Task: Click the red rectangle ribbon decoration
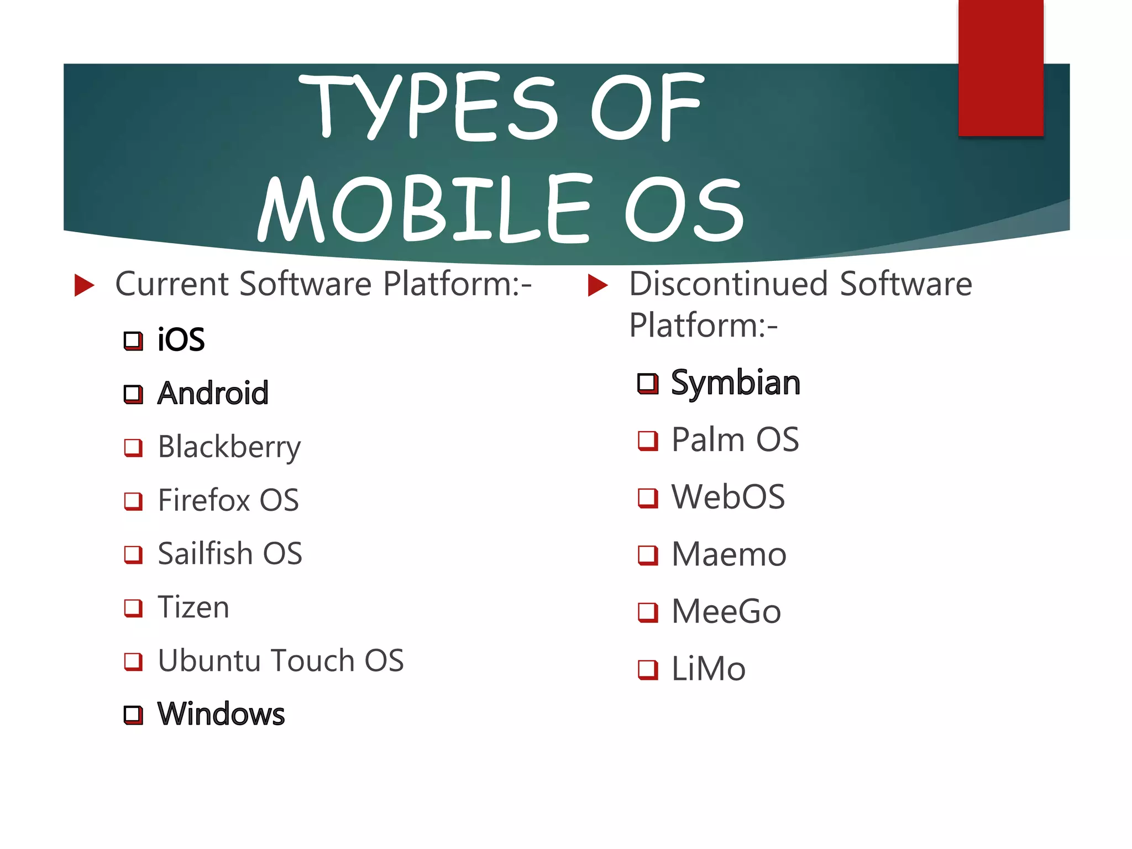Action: click(1000, 67)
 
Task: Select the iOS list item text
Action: click(181, 339)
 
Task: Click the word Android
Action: click(213, 393)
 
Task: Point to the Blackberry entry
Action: click(229, 447)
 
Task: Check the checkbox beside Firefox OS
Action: click(133, 501)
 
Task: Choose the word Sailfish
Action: click(205, 553)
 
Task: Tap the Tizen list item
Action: click(193, 607)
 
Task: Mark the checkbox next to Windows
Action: click(133, 715)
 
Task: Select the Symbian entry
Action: click(736, 382)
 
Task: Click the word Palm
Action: click(708, 440)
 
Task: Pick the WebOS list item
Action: click(728, 497)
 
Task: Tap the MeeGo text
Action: click(726, 611)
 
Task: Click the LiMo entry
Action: click(709, 669)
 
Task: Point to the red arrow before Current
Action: click(84, 285)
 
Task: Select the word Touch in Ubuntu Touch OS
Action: click(312, 661)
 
